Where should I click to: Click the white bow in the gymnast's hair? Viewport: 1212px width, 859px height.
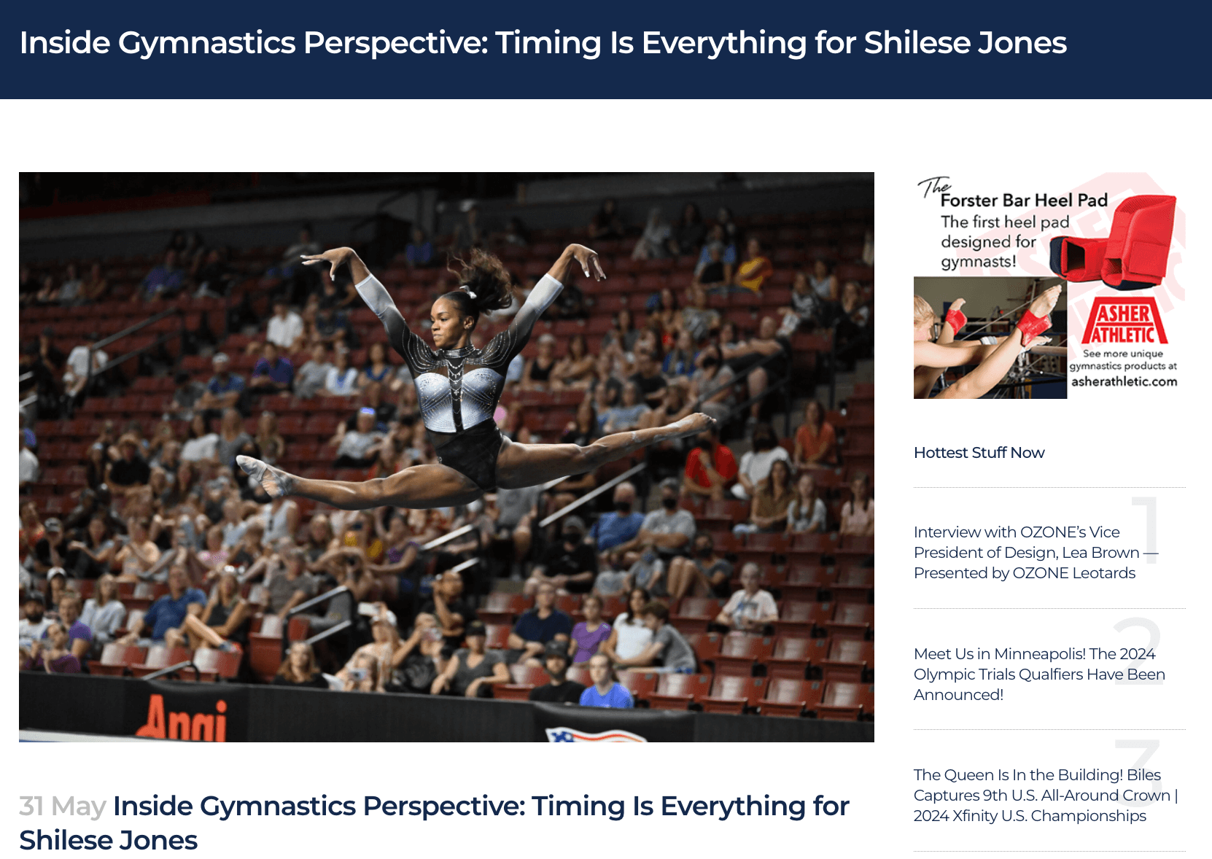[469, 292]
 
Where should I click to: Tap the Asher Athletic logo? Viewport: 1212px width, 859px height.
[1124, 321]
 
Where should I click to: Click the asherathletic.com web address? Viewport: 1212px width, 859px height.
[1124, 381]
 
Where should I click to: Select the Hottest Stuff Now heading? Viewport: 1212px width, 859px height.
[979, 453]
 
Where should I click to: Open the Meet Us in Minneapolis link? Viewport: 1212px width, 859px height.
[1039, 674]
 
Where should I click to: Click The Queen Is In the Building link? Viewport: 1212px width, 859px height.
[1046, 795]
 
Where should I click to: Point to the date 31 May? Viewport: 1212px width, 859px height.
[63, 806]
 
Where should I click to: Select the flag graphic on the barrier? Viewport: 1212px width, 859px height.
[595, 735]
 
